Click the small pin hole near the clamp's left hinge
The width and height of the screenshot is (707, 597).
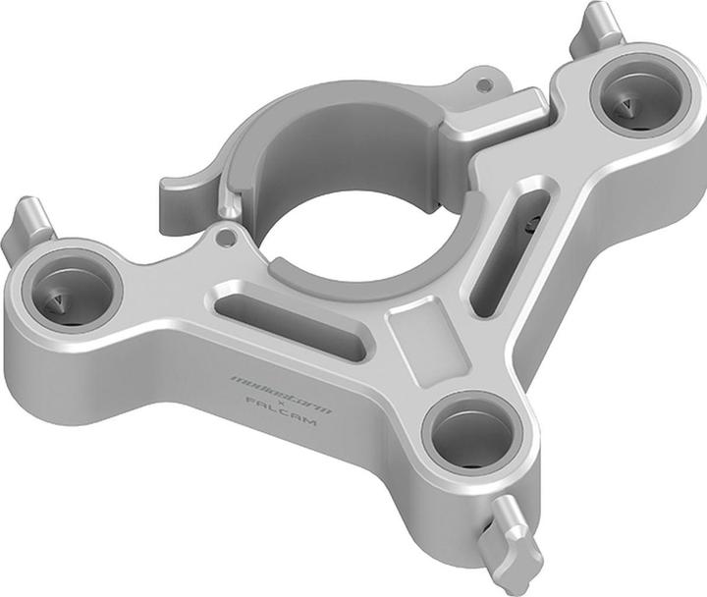(x=228, y=237)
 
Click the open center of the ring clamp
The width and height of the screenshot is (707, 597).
(x=353, y=236)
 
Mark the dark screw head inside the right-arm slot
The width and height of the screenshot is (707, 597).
(x=531, y=225)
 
